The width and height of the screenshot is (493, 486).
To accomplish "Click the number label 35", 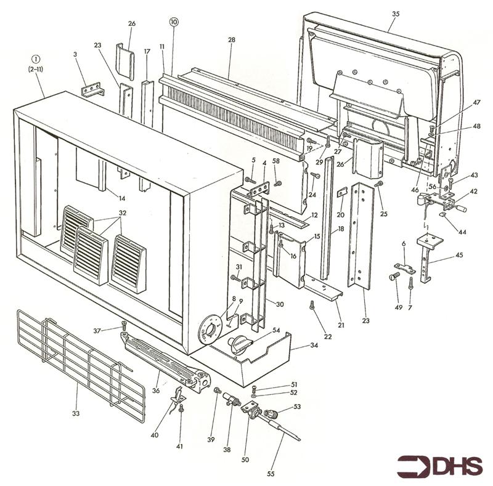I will click(x=395, y=14).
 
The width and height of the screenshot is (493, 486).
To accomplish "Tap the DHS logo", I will click(x=439, y=466).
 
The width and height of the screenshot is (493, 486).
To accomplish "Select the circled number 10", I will click(x=173, y=22).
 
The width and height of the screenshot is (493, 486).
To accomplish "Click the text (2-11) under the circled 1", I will click(x=34, y=71).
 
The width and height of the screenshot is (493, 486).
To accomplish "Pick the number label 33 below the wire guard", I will click(x=76, y=413).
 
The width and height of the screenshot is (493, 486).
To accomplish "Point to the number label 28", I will click(x=232, y=40).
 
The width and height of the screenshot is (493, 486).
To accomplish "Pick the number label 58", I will click(x=275, y=161).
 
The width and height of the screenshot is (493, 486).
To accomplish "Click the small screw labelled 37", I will click(x=124, y=323).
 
